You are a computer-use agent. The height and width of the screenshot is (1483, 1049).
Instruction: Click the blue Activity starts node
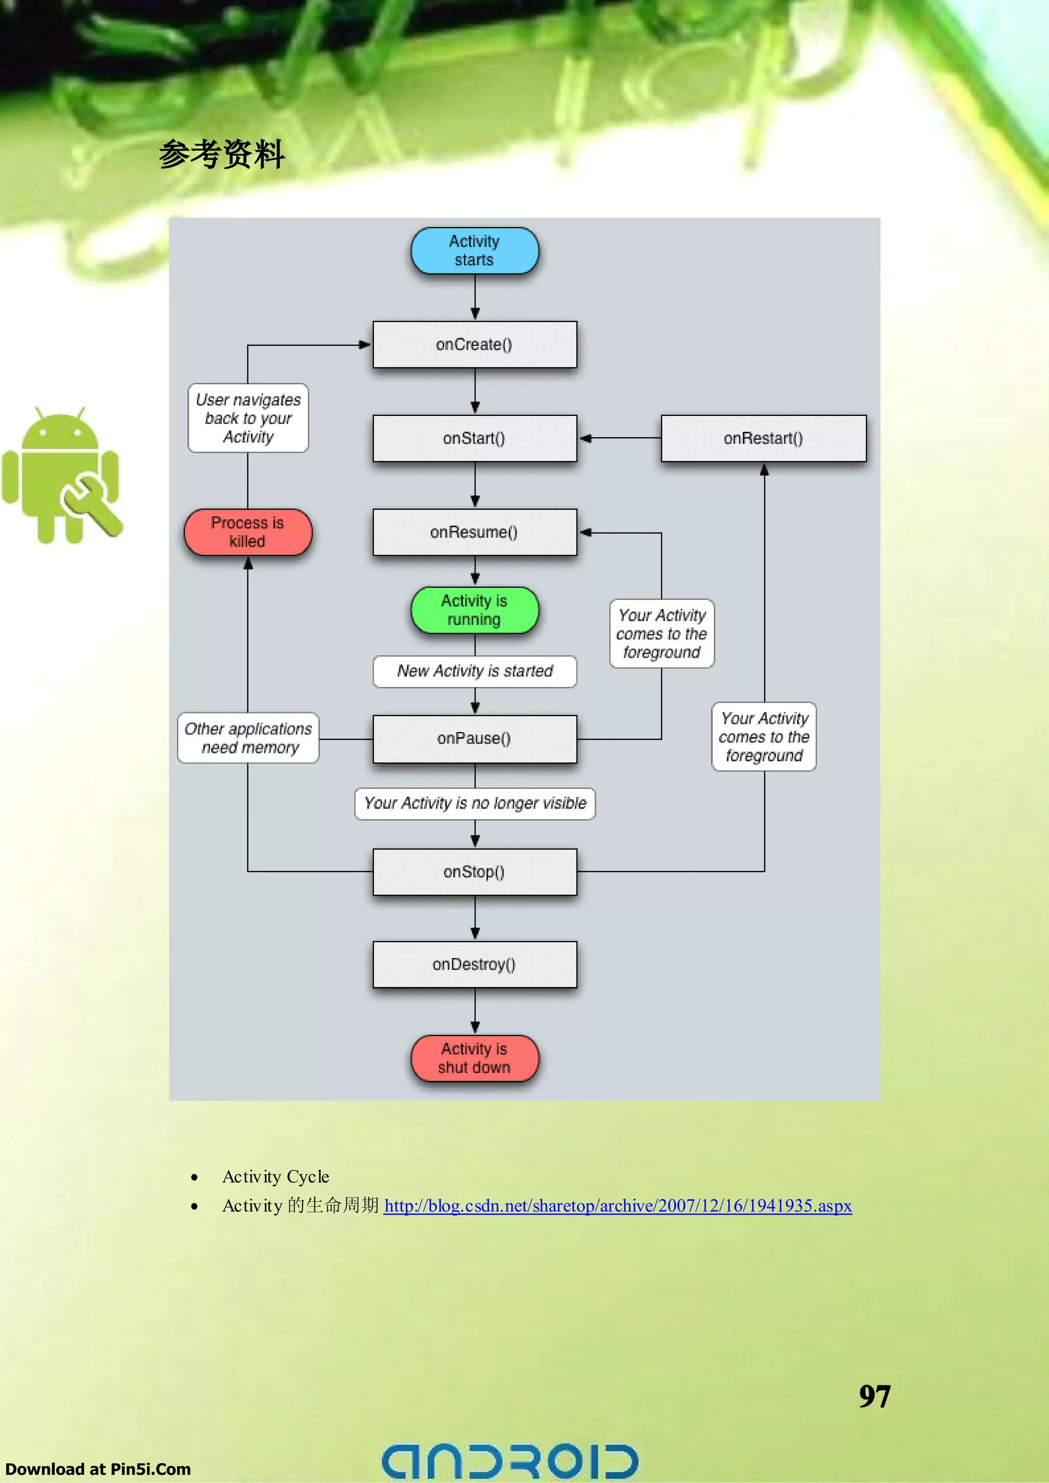[474, 250]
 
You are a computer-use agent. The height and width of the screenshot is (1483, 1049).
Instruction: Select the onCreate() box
[474, 344]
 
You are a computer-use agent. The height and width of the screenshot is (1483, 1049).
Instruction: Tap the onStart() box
[474, 438]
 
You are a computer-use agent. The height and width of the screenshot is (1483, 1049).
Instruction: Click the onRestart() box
[763, 438]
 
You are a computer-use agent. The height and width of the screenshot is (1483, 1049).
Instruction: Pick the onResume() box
[474, 532]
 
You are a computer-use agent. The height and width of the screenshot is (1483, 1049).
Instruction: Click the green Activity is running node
[474, 610]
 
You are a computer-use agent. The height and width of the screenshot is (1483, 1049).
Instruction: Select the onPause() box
[474, 738]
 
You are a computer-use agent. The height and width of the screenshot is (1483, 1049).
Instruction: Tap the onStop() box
[474, 872]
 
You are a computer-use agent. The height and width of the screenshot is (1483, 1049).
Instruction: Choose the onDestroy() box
[474, 964]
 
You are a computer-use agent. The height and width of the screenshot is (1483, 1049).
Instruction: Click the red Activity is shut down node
[474, 1058]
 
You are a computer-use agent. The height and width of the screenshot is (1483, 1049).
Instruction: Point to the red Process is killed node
[247, 532]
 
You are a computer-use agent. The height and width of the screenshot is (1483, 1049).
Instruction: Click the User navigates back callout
[248, 418]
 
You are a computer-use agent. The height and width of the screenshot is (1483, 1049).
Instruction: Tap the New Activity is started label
[474, 671]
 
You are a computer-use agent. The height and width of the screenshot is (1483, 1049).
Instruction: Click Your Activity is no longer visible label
[474, 803]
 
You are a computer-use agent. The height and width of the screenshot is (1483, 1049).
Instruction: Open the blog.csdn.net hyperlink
[618, 1205]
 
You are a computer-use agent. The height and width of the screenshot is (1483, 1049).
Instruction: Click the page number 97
[874, 1396]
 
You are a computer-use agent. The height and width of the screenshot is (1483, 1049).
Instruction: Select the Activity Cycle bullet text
[276, 1176]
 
